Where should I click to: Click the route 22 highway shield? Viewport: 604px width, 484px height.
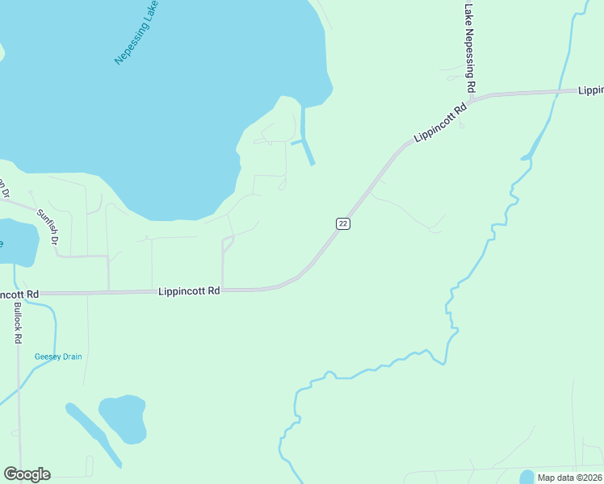(342, 223)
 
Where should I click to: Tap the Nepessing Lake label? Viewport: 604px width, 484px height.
(136, 33)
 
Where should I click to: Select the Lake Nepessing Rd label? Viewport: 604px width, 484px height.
(469, 47)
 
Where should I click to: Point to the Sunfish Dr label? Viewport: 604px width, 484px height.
(48, 227)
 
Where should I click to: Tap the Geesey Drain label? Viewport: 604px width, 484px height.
(58, 357)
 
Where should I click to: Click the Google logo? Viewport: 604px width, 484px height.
(27, 474)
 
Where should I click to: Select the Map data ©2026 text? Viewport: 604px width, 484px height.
(569, 478)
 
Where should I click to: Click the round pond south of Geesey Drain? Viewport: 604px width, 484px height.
(123, 417)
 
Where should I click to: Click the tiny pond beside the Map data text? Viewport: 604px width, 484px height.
(526, 476)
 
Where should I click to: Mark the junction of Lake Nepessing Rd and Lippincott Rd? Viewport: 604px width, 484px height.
(472, 98)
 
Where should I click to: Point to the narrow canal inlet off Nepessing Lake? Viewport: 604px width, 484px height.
(306, 137)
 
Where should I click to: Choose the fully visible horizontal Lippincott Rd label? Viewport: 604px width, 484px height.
(190, 290)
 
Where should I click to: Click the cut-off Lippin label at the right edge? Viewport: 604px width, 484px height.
(590, 90)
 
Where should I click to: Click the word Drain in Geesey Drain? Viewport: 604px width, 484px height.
(69, 357)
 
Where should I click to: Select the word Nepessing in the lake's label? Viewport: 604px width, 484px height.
(129, 44)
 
